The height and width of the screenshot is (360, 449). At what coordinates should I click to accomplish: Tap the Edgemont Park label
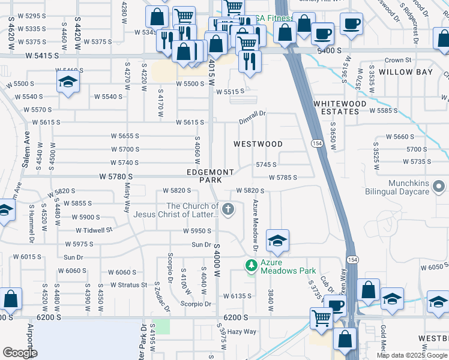click(x=210, y=176)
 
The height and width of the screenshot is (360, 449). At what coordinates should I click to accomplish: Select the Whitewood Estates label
click(x=340, y=107)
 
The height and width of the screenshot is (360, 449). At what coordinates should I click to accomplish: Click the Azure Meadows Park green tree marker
click(x=252, y=265)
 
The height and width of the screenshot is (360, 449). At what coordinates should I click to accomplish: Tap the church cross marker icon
click(x=228, y=209)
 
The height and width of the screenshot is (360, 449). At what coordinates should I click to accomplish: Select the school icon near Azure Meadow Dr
click(x=277, y=241)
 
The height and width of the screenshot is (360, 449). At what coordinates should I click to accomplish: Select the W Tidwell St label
click(x=94, y=230)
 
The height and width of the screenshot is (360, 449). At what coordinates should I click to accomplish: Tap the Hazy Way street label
click(x=241, y=331)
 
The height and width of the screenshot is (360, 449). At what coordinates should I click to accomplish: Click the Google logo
click(x=20, y=353)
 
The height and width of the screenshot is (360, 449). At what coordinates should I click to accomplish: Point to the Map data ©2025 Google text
click(x=411, y=355)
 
